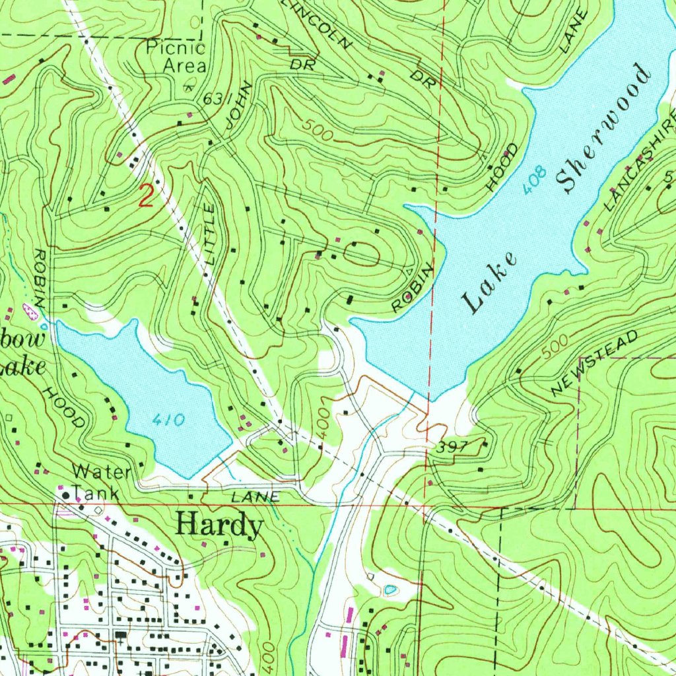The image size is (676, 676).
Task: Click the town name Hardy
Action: (x=220, y=526)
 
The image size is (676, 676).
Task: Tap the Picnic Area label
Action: (x=176, y=57)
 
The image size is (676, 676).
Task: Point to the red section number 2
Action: (x=146, y=196)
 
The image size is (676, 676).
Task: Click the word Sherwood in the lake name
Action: (x=603, y=128)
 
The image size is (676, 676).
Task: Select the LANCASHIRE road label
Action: (x=640, y=162)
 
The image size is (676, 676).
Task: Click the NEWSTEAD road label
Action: (x=596, y=364)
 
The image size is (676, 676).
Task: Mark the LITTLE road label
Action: (x=210, y=234)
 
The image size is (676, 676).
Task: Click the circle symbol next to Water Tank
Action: (x=66, y=494)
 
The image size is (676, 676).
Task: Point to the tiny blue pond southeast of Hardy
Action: (x=390, y=588)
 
